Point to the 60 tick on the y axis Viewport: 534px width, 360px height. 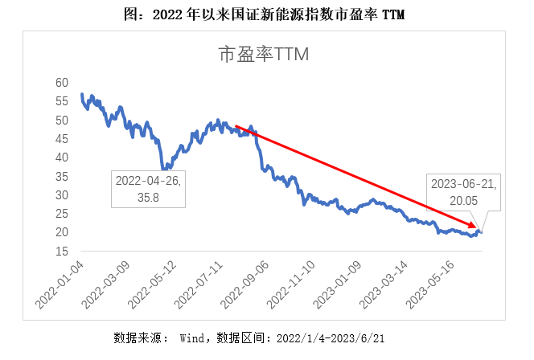click(x=63, y=83)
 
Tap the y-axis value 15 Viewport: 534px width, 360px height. click(x=63, y=251)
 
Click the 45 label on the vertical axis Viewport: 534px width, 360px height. click(x=63, y=139)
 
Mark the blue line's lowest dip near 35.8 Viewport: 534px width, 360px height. click(x=164, y=169)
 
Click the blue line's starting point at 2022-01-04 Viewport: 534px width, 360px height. click(x=82, y=95)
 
